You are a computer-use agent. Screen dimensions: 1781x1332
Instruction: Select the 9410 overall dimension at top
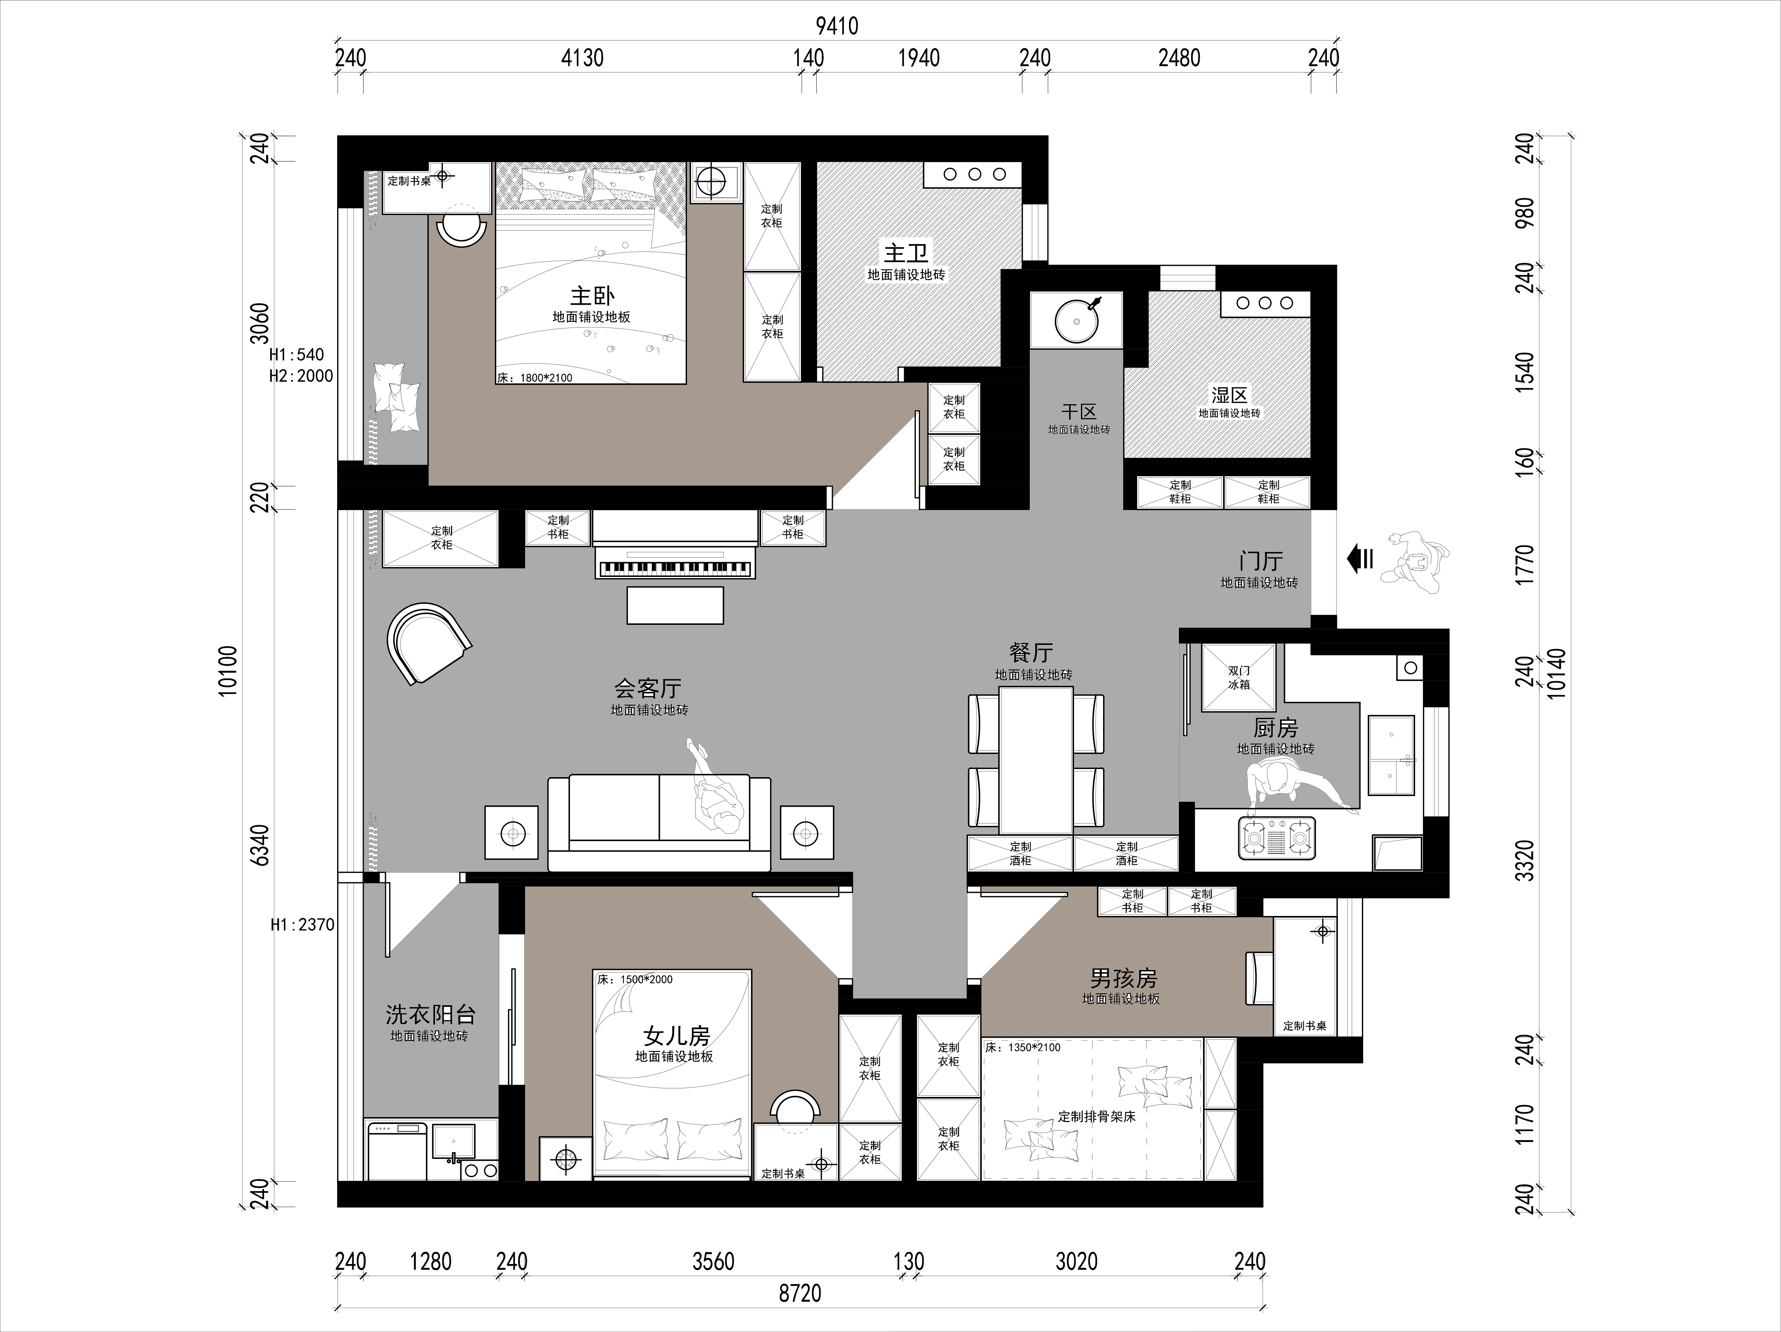click(x=837, y=26)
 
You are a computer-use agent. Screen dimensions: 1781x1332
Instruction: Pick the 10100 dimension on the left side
click(x=229, y=670)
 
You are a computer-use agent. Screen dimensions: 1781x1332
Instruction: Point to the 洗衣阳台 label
click(x=430, y=1015)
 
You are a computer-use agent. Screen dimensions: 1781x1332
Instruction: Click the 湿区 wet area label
click(x=1230, y=395)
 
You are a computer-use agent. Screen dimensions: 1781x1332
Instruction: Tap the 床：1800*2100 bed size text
click(x=535, y=378)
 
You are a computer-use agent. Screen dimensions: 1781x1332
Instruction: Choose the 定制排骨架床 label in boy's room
click(x=1097, y=1116)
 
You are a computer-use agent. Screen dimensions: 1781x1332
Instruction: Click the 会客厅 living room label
click(x=648, y=688)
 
